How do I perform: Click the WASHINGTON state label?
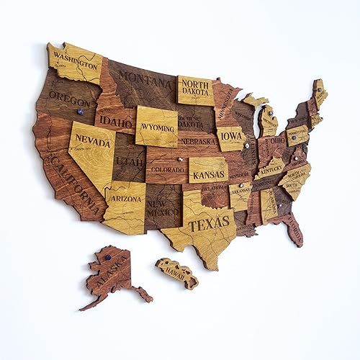74,55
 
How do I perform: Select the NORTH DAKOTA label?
195,90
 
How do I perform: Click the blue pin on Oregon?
80,112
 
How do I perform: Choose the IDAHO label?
114,122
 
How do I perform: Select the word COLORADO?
167,171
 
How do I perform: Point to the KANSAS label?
209,174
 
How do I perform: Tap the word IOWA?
232,134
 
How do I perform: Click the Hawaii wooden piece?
177,273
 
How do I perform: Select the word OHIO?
277,140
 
